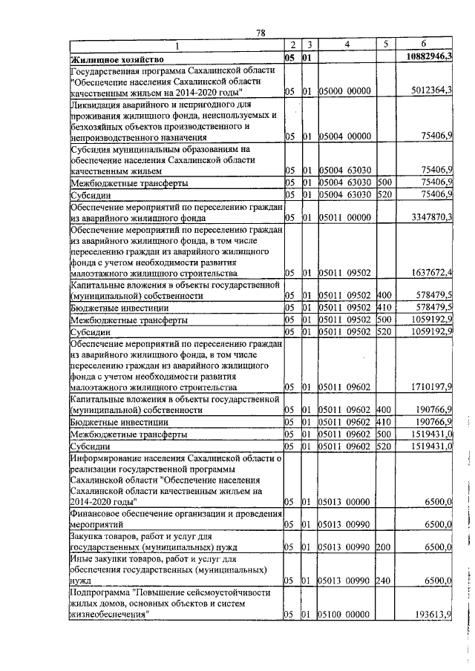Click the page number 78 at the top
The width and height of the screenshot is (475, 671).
tap(261, 33)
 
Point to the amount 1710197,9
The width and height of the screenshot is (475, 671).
tap(432, 388)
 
